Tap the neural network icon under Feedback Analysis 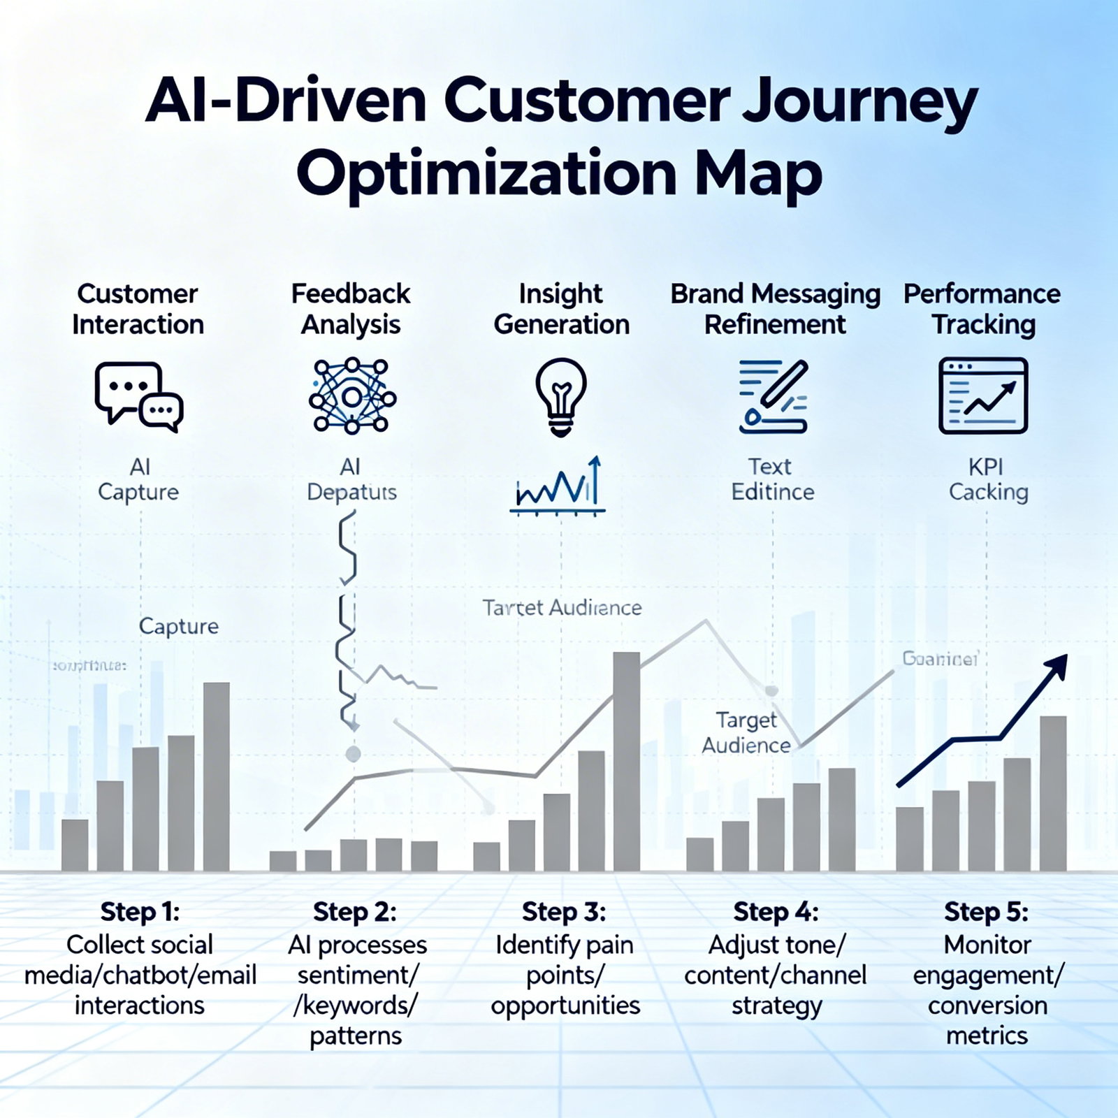pos(352,396)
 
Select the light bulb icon pos(561,396)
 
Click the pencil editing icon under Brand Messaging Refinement pos(774,396)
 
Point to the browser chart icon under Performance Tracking pos(983,396)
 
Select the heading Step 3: pos(564,912)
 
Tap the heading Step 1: pos(140,912)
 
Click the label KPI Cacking pos(987,479)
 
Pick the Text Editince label pos(772,479)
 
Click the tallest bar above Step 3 pos(626,762)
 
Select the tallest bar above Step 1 pos(217,776)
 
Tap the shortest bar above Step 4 pos(699,854)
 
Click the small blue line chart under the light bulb pos(558,487)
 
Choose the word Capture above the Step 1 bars pos(179,626)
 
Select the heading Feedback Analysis pos(351,309)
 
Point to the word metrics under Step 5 pos(987,1036)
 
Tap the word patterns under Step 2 pos(356,1036)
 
